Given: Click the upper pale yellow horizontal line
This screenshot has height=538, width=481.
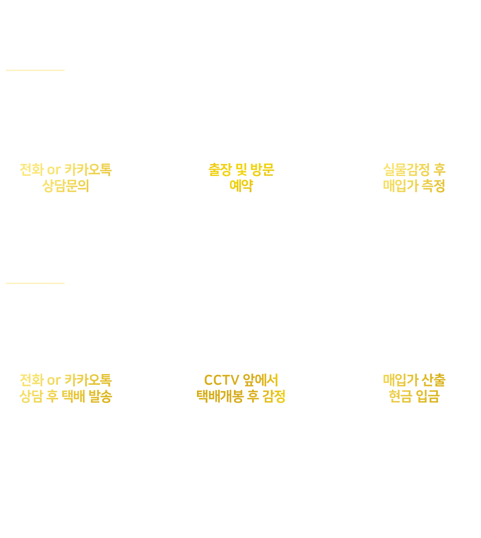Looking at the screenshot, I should click(x=35, y=70).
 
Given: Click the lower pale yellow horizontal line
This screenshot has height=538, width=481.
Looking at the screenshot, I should click(x=35, y=284).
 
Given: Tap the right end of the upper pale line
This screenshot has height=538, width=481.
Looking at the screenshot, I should click(x=64, y=70).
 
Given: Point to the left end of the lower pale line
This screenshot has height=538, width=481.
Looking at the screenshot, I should click(x=6, y=284).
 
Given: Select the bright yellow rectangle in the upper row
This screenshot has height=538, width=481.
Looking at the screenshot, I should click(x=241, y=177).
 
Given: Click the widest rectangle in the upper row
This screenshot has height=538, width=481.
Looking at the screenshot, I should click(x=66, y=178).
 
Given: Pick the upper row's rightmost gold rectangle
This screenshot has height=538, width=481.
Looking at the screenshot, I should click(x=414, y=178).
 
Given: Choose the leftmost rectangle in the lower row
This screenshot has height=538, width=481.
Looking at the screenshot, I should click(x=66, y=388).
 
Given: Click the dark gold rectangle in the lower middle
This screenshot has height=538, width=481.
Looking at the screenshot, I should click(x=240, y=388).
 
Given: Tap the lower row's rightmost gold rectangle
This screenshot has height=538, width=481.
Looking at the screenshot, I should click(x=414, y=388).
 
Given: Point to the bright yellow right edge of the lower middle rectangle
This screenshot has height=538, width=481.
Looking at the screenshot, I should click(x=283, y=388).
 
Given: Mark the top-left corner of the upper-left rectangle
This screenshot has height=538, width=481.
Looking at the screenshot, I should click(x=21, y=164).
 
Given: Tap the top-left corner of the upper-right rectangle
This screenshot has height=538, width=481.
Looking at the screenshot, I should click(x=384, y=164).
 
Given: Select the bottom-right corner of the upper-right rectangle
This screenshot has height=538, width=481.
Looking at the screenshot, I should click(x=445, y=191).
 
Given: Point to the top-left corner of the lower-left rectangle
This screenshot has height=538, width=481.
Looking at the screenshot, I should click(x=20, y=375).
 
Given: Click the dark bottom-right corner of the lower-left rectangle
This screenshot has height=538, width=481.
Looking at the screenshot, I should click(x=111, y=401).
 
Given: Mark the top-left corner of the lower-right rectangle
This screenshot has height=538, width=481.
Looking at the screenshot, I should click(x=385, y=374).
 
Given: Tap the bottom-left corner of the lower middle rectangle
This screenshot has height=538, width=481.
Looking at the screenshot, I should click(x=198, y=401).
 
